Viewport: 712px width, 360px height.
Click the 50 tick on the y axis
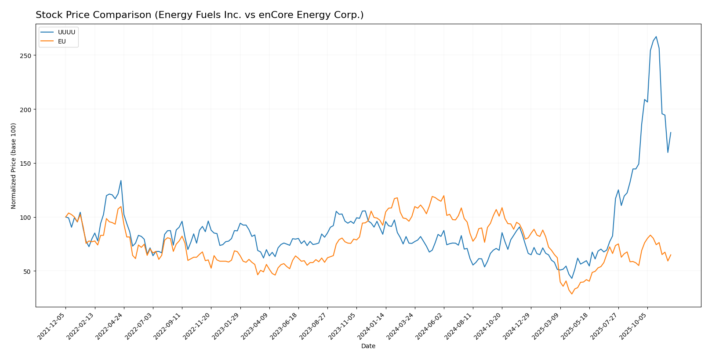tap(28, 271)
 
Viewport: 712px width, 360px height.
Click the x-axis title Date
tap(368, 346)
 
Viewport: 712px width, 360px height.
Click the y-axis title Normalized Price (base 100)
tap(14, 166)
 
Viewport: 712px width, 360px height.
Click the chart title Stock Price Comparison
tap(200, 15)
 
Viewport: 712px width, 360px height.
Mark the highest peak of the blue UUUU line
tap(656, 36)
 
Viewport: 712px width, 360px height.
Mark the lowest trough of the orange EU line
tap(572, 294)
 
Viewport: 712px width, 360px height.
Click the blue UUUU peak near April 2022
tap(121, 180)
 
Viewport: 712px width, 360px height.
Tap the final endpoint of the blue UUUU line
tap(671, 132)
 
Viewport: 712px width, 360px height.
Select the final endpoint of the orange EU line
tap(671, 255)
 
